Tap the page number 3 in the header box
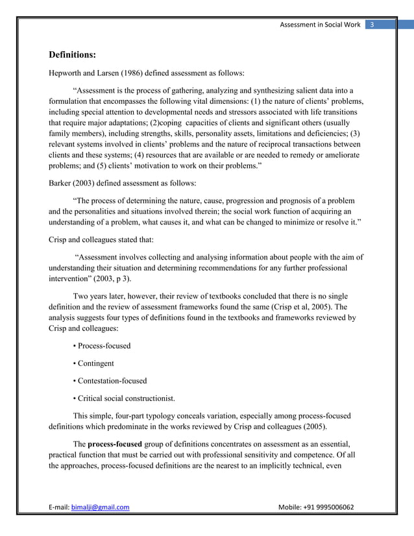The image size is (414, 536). click(x=372, y=25)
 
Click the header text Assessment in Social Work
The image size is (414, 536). click(x=319, y=25)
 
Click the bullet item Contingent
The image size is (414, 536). click(x=95, y=363)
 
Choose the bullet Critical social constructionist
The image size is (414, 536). click(x=127, y=398)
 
